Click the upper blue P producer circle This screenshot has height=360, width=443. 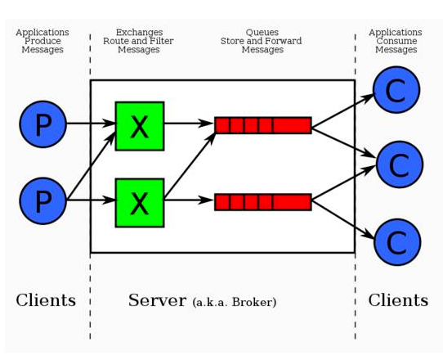click(43, 124)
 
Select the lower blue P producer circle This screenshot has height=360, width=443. click(43, 201)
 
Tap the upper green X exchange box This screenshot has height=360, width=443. click(140, 126)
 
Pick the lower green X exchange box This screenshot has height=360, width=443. click(140, 203)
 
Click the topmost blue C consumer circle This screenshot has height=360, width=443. click(396, 90)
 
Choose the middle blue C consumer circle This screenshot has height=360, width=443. click(400, 164)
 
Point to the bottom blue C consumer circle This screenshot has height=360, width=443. click(397, 242)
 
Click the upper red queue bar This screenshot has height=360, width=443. click(263, 125)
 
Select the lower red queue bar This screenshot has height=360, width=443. click(263, 202)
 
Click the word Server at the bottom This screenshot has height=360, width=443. click(157, 300)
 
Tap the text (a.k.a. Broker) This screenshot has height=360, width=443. click(235, 302)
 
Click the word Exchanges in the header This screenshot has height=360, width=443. click(139, 32)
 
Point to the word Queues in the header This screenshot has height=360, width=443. click(262, 32)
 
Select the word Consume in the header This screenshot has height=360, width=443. click(396, 41)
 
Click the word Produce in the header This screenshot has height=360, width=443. click(43, 41)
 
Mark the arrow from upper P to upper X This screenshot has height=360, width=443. click(91, 124)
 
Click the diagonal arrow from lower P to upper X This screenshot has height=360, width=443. click(92, 165)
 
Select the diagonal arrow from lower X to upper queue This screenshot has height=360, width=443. click(190, 165)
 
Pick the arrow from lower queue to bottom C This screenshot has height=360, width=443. click(343, 219)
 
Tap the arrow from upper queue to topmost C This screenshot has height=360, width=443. click(343, 110)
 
